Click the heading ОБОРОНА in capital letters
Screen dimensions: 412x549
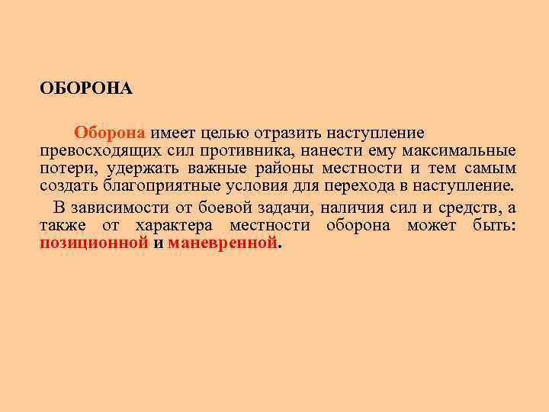(x=86, y=89)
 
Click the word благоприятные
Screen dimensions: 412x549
(x=156, y=187)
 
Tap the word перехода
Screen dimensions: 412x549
(x=367, y=187)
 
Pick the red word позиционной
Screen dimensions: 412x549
(x=93, y=244)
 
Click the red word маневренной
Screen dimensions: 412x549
(x=222, y=244)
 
